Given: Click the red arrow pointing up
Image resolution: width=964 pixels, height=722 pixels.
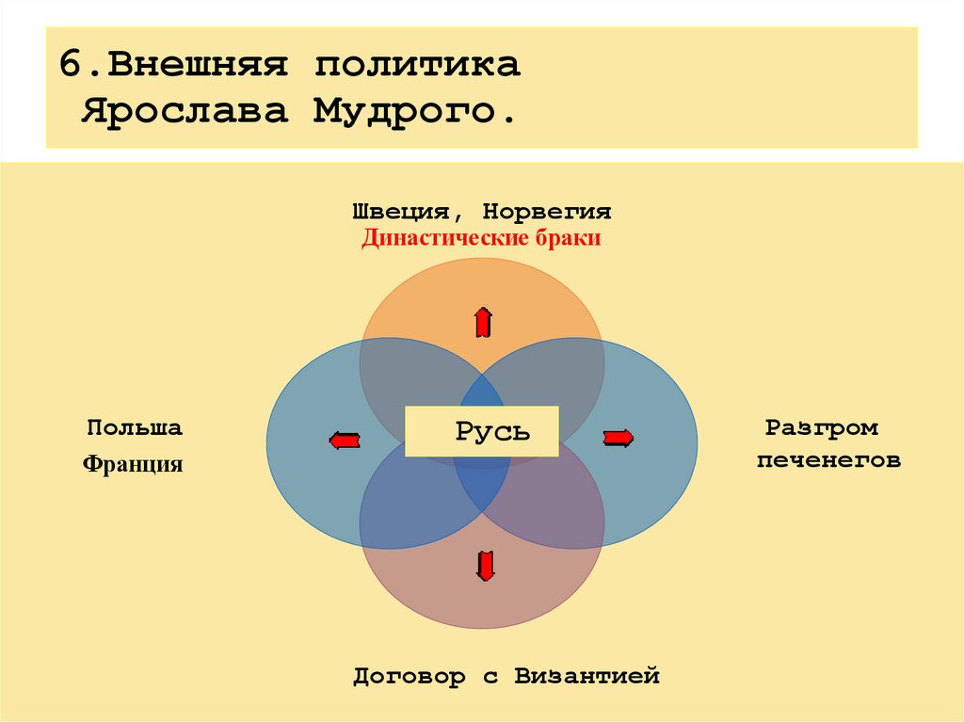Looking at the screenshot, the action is pyautogui.click(x=483, y=323).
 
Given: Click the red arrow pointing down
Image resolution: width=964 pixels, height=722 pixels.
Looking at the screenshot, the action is pyautogui.click(x=485, y=565).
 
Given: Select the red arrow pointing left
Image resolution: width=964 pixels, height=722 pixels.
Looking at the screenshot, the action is pyautogui.click(x=345, y=439).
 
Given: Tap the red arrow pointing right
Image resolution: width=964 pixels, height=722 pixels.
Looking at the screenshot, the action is pyautogui.click(x=618, y=437).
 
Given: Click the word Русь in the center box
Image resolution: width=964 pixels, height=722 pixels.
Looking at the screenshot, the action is pyautogui.click(x=492, y=432).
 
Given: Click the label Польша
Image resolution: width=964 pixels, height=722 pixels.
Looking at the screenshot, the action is pyautogui.click(x=135, y=427).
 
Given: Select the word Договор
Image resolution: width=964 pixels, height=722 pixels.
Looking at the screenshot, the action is pyautogui.click(x=410, y=676).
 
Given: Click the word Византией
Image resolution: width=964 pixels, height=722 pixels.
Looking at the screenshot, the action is pyautogui.click(x=586, y=676).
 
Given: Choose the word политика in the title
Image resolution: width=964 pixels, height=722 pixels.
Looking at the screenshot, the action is pyautogui.click(x=417, y=66).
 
